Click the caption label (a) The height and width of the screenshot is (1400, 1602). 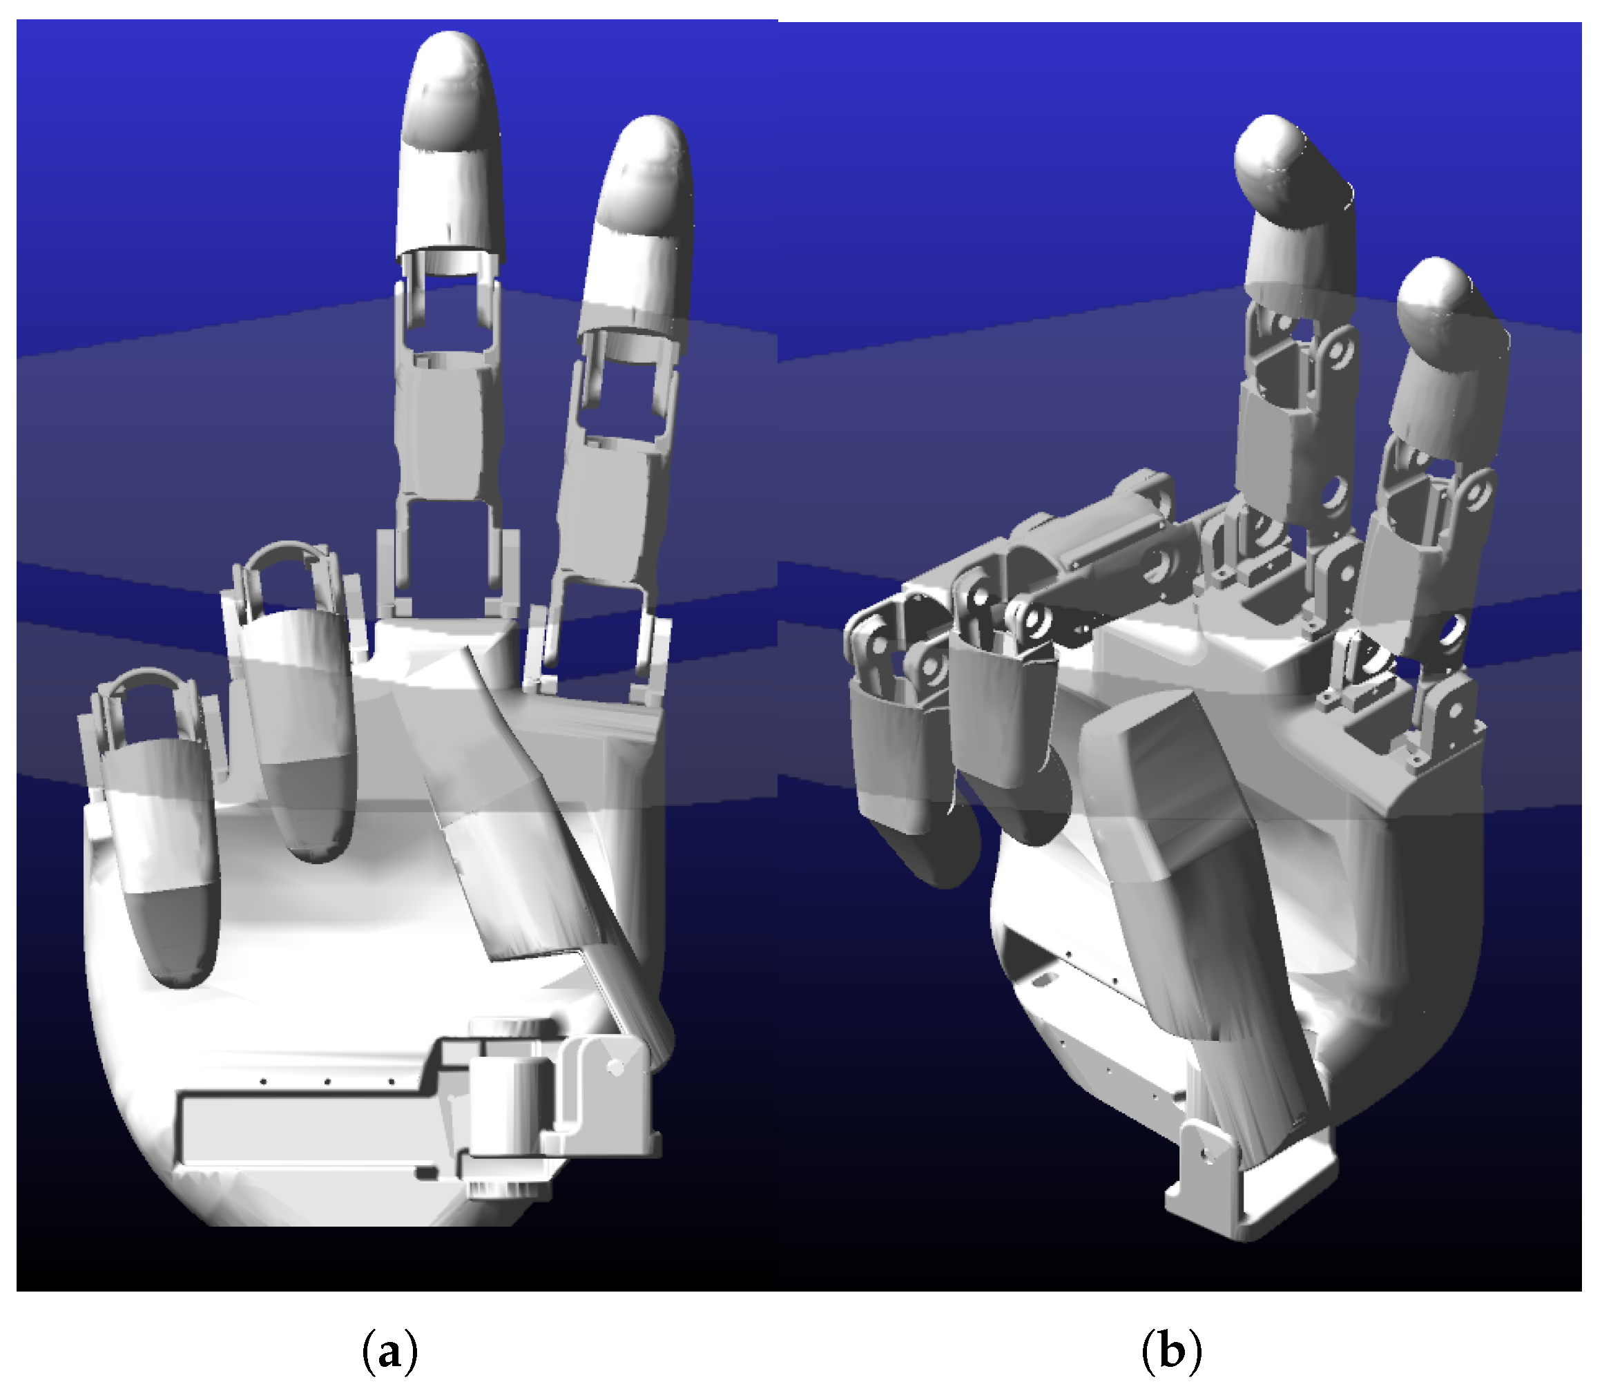coord(389,1352)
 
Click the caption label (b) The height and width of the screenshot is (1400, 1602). coord(1172,1352)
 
